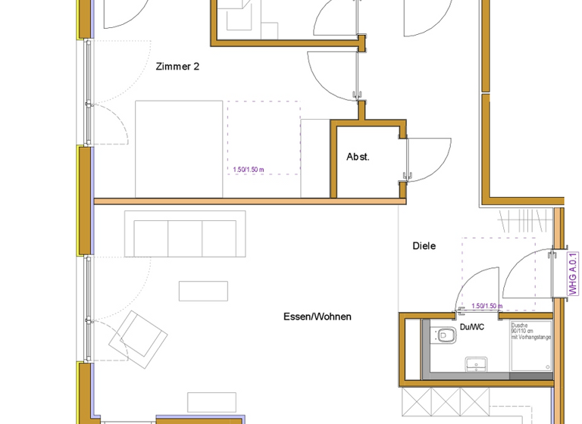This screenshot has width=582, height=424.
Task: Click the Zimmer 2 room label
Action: click(177, 67)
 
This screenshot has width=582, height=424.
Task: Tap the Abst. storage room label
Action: click(358, 157)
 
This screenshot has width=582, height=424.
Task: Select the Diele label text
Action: click(424, 246)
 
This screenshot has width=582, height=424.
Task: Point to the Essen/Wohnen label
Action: click(318, 316)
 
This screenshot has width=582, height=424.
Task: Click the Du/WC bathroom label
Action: click(471, 328)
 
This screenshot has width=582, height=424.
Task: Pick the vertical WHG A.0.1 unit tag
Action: click(573, 273)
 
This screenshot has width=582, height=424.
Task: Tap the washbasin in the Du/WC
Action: click(476, 364)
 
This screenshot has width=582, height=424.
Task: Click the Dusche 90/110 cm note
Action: click(530, 330)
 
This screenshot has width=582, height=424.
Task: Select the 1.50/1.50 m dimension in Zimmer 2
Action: click(249, 170)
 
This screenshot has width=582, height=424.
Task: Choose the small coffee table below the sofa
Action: click(203, 291)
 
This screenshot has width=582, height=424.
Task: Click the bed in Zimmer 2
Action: click(180, 148)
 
